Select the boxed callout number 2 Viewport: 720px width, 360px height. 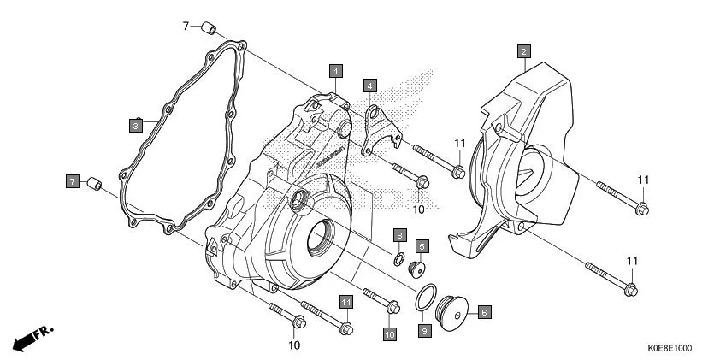coord(523,50)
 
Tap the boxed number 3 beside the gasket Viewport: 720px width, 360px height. coord(135,126)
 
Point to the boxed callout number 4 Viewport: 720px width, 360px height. coord(369,85)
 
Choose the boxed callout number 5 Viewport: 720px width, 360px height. coord(422,245)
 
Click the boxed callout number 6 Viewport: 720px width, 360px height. coord(483,313)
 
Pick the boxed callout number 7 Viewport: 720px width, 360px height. coord(73,180)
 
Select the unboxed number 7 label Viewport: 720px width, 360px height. coord(185,27)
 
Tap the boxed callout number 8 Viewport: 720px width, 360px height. coord(398,234)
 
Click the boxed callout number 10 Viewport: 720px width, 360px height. coord(389,333)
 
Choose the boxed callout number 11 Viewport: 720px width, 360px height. coord(345,301)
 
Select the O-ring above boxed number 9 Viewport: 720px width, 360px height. coord(425,298)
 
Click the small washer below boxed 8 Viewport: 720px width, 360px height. coord(399,257)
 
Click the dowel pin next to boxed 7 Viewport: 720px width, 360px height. coord(97,183)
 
